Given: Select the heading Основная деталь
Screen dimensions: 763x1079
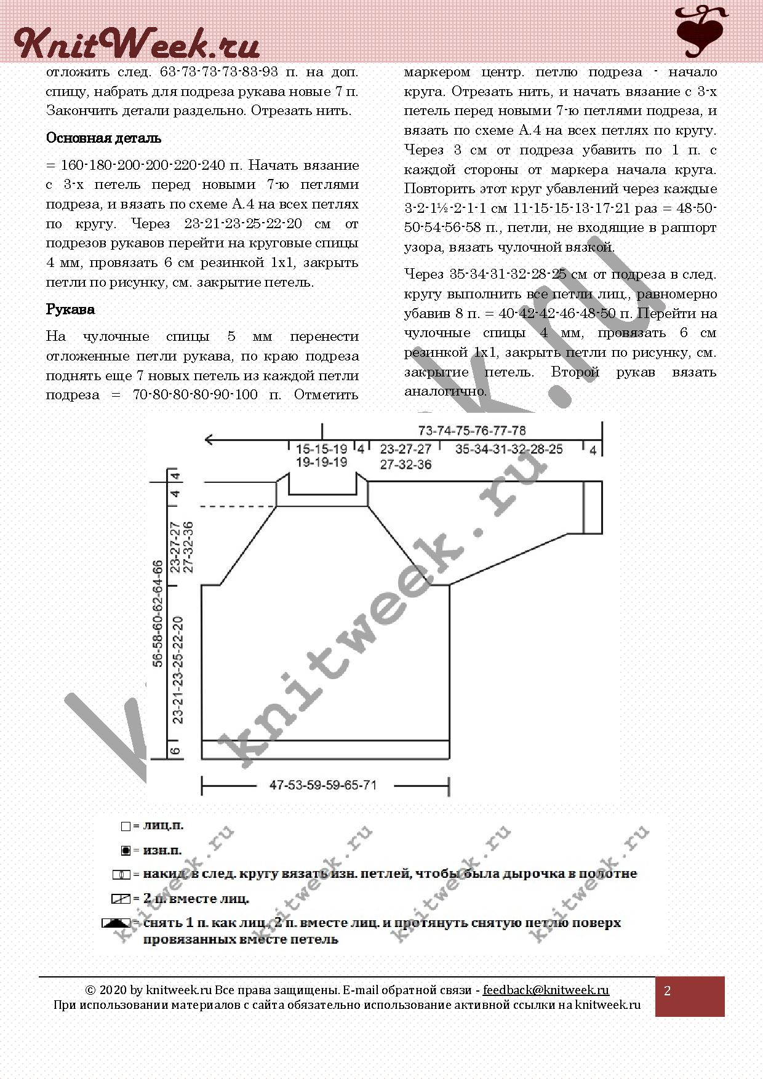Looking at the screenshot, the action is [x=103, y=138].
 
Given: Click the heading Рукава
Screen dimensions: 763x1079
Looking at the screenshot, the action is [x=70, y=309].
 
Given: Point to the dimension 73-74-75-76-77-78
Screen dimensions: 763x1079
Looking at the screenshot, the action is [x=472, y=431].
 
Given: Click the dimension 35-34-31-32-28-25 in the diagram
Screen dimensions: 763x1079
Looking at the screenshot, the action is [x=509, y=450].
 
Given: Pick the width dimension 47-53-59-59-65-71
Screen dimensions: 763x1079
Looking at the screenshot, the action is [x=323, y=786].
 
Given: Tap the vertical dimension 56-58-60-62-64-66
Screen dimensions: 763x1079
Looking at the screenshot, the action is [x=158, y=613].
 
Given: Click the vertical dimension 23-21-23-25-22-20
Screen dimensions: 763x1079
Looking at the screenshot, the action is [x=178, y=669].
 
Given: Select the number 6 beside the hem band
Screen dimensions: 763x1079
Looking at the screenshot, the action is [x=175, y=750].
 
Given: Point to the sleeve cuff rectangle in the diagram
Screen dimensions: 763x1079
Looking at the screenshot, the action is [x=593, y=508].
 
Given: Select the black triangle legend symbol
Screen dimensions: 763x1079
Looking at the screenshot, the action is [x=117, y=923].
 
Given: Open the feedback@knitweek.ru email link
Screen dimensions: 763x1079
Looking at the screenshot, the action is [x=546, y=990].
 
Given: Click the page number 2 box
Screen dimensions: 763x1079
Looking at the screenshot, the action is [x=689, y=997].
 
